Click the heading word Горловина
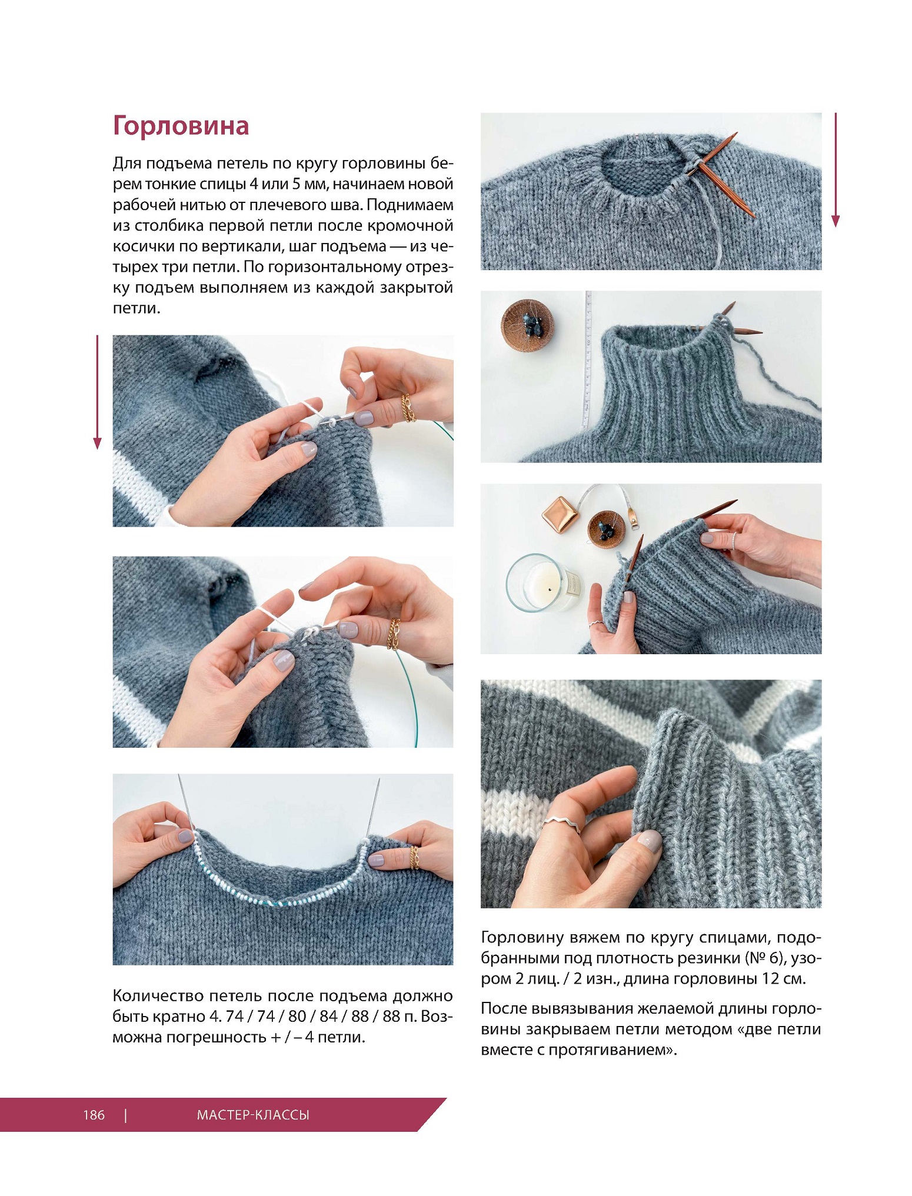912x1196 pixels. click(181, 125)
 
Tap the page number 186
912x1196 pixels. click(94, 1114)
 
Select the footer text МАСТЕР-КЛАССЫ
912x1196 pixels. click(253, 1114)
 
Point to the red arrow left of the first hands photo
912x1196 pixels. click(98, 392)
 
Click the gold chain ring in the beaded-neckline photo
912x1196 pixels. click(414, 858)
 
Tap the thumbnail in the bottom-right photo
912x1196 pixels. click(649, 840)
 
